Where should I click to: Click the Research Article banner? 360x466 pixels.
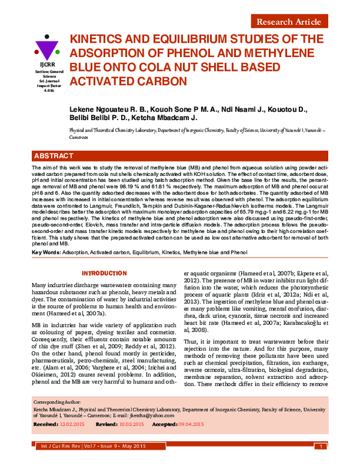289,22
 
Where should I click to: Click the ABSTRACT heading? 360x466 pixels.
54,156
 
